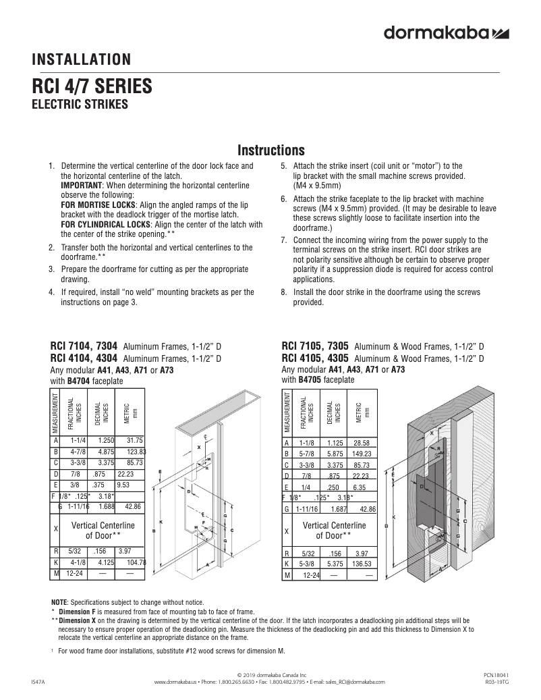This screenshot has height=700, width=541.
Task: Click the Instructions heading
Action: click(272, 150)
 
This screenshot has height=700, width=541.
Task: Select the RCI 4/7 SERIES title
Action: click(92, 88)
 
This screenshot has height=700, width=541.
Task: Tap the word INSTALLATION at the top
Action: click(82, 60)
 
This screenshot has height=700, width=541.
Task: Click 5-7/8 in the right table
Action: click(306, 454)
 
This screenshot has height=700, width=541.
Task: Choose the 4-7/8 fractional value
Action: click(76, 452)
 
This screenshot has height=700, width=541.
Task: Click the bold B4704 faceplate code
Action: click(79, 381)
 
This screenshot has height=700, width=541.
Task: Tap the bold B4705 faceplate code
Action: click(310, 380)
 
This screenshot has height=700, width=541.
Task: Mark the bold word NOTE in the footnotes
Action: click(59, 602)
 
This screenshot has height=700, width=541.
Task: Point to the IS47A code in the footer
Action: click(38, 682)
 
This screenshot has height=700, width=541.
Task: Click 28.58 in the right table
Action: click(366, 442)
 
